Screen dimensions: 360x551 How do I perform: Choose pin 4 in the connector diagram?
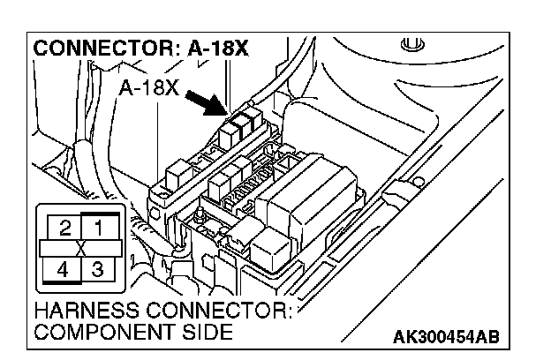pyautogui.click(x=63, y=267)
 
